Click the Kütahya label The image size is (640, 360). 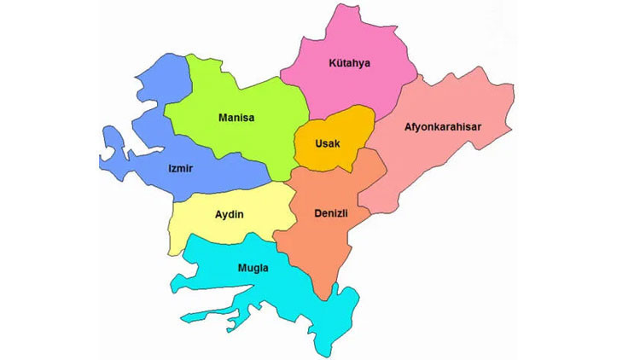click(x=351, y=63)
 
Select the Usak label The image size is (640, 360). click(x=329, y=143)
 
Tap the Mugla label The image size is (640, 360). click(x=253, y=269)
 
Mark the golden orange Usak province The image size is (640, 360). click(x=352, y=128)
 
